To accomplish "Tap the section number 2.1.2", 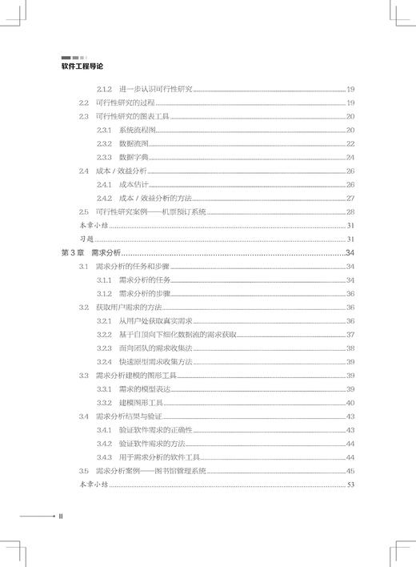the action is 104,90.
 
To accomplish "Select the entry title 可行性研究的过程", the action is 122,103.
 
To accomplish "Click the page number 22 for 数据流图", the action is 350,143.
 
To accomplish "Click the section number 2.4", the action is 84,171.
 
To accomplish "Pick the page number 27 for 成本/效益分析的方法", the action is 350,198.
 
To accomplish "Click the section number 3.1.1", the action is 104,279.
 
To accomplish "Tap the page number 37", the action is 350,334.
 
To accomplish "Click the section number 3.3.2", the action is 104,402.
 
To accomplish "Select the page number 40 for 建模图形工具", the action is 350,402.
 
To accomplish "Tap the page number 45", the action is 350,471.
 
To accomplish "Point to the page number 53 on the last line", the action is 350,485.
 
